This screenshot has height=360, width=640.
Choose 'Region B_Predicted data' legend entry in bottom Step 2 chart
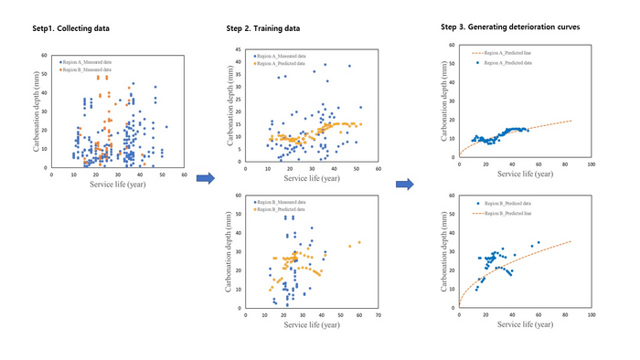click(286, 206)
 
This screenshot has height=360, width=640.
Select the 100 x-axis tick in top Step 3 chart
click(592, 164)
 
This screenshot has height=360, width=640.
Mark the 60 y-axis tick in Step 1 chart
click(43, 55)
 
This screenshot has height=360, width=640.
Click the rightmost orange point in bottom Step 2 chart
click(359, 242)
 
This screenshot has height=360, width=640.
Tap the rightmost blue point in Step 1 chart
click(166, 127)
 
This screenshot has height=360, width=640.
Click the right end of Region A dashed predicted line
click(571, 120)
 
